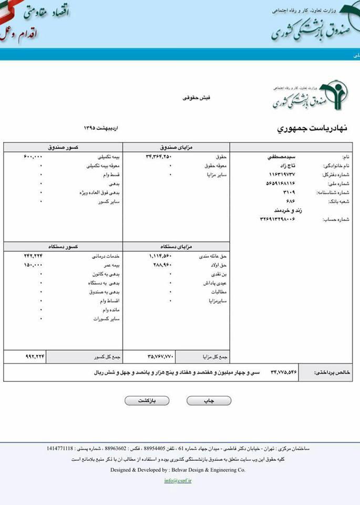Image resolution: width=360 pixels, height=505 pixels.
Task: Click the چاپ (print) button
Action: point(209,401)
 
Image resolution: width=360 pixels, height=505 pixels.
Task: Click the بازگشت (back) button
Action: point(147,401)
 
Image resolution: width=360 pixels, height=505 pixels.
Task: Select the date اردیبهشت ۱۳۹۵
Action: point(101,128)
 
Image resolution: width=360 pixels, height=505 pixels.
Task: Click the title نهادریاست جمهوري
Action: point(312,128)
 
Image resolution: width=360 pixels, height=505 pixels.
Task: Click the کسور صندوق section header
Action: point(63,148)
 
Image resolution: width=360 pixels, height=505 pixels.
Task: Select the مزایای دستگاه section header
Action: point(176,246)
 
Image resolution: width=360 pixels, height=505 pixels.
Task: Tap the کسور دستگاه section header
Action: point(63,246)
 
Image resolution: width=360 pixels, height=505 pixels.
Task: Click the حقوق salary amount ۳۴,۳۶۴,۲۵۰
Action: point(159,157)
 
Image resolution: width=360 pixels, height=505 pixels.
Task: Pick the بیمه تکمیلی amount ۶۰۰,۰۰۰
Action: point(33,157)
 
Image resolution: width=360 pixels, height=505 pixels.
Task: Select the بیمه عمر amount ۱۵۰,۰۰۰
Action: point(33,265)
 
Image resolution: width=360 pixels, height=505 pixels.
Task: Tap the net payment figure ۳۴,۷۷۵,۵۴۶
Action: point(284,372)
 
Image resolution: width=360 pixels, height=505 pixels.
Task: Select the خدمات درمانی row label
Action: point(109,256)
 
